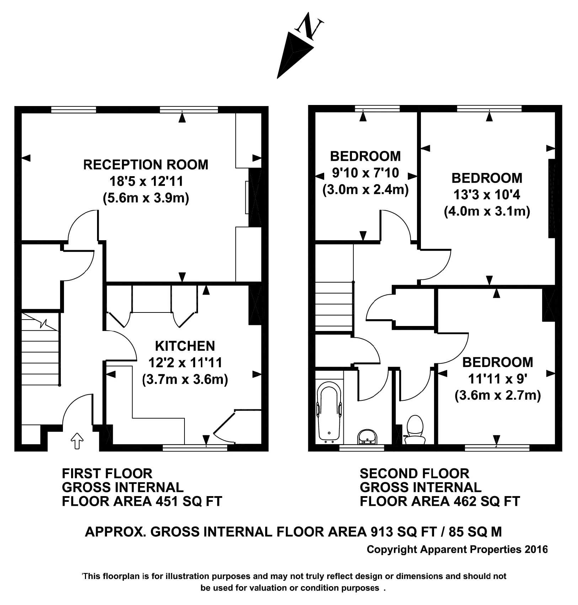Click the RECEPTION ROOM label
[x=146, y=165]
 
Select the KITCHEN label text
[x=185, y=346]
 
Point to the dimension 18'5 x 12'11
[x=146, y=181]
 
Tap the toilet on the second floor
[x=414, y=430]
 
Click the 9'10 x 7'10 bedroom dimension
[x=365, y=173]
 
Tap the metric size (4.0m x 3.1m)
[x=487, y=211]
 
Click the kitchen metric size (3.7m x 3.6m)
[x=185, y=379]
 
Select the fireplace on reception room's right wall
[x=255, y=198]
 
